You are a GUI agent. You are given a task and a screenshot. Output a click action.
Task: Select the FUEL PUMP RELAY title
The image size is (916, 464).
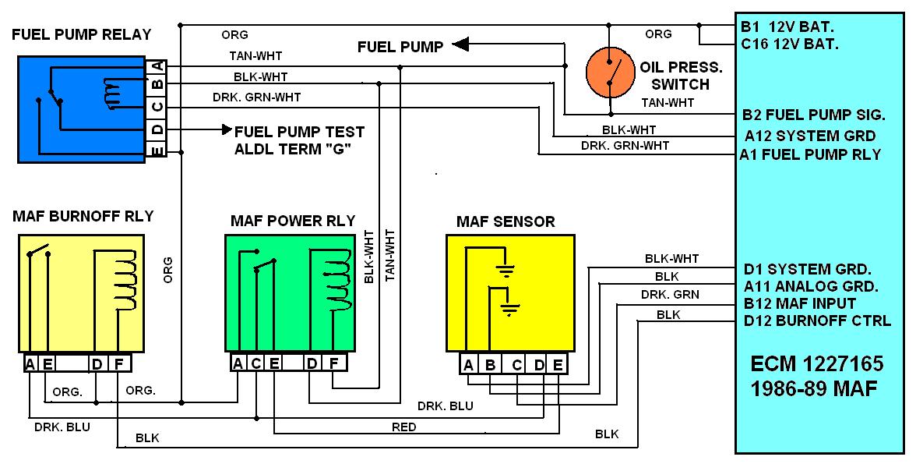click(x=82, y=34)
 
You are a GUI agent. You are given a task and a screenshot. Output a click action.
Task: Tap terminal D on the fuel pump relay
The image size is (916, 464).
click(x=157, y=128)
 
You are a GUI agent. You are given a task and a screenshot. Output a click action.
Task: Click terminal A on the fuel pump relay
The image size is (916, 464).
click(x=157, y=65)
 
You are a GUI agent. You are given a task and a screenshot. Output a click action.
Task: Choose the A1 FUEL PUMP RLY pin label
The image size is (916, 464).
click(x=812, y=154)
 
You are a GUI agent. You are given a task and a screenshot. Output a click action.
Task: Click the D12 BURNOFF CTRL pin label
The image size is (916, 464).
click(x=817, y=321)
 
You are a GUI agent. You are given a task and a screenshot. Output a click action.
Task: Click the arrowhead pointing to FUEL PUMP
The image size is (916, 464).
click(x=460, y=46)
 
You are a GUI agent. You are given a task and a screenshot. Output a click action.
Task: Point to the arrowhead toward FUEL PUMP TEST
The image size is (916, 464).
click(x=227, y=129)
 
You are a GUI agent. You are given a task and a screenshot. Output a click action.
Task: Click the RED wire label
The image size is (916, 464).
click(x=403, y=427)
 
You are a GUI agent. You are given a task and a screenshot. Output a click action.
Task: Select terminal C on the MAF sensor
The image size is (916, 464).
click(x=516, y=364)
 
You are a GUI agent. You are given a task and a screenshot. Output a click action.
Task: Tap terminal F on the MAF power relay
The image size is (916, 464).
click(x=333, y=363)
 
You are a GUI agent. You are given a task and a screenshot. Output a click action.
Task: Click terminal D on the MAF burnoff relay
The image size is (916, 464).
click(x=96, y=363)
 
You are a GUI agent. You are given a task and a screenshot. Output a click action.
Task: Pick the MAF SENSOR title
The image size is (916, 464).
click(x=506, y=222)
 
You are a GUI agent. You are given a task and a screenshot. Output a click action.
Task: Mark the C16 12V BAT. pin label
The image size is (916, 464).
click(x=790, y=44)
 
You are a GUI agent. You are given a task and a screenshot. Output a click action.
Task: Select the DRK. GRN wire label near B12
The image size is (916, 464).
click(x=669, y=295)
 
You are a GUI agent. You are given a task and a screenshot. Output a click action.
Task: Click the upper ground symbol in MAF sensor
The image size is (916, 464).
click(x=506, y=272)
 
